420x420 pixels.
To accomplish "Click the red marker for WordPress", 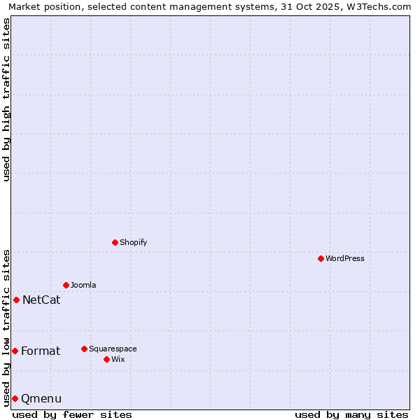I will pyautogui.click(x=321, y=258).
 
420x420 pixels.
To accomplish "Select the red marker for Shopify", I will pyautogui.click(x=115, y=242).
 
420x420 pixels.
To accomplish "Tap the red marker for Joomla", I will pyautogui.click(x=66, y=285).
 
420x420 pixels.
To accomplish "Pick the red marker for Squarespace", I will pyautogui.click(x=84, y=349).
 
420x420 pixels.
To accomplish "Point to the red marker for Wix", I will pyautogui.click(x=106, y=359).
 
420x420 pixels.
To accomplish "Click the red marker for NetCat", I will pyautogui.click(x=16, y=300).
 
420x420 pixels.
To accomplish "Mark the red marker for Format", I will pyautogui.click(x=15, y=351).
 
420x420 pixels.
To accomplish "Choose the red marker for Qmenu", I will pyautogui.click(x=15, y=398).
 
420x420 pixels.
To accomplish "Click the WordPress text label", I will pyautogui.click(x=345, y=258).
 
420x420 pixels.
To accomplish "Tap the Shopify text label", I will pyautogui.click(x=134, y=242).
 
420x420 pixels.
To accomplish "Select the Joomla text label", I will pyautogui.click(x=83, y=285).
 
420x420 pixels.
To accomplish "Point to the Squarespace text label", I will pyautogui.click(x=113, y=349).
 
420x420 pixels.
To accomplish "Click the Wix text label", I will pyautogui.click(x=118, y=359).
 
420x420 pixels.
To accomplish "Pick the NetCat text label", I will pyautogui.click(x=41, y=300).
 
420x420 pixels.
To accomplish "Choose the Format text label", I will pyautogui.click(x=41, y=351).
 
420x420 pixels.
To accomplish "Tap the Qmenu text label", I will pyautogui.click(x=41, y=399).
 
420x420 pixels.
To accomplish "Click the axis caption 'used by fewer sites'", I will pyautogui.click(x=72, y=414).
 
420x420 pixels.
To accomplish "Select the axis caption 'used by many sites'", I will pyautogui.click(x=351, y=414).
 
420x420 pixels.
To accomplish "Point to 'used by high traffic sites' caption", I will pyautogui.click(x=6, y=99).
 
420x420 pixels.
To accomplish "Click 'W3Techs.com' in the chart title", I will pyautogui.click(x=381, y=6).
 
